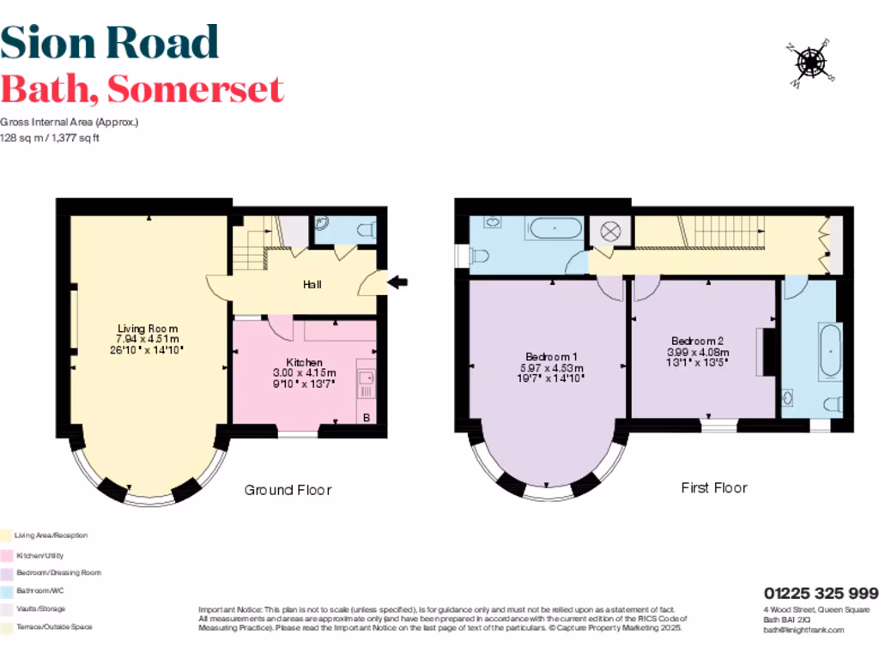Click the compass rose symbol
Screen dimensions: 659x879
(809, 62)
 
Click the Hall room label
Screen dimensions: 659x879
(312, 283)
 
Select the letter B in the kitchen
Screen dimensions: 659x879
(366, 418)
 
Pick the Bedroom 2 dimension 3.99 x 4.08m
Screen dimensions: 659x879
(698, 352)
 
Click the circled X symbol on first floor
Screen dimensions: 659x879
(610, 230)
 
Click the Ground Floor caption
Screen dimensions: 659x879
(288, 490)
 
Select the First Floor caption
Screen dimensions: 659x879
(714, 487)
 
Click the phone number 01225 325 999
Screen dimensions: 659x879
(821, 593)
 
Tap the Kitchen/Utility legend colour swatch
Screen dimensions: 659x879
(6, 555)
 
